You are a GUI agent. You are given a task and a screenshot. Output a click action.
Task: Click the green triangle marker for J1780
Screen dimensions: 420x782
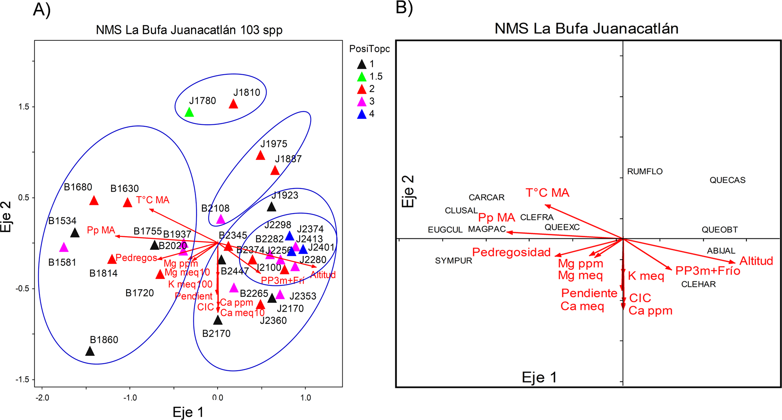[x=189, y=113]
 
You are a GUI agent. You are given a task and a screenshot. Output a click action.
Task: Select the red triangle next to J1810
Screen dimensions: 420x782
[x=233, y=104]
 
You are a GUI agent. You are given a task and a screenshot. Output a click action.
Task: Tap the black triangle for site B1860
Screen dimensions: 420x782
[x=90, y=351]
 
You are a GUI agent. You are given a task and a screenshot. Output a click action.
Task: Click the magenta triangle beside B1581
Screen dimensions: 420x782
[x=64, y=248]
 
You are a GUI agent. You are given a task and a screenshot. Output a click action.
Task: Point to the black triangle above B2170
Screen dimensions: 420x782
[x=218, y=320]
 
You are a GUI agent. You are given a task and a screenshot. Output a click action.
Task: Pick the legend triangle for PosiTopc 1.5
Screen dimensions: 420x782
[x=362, y=77]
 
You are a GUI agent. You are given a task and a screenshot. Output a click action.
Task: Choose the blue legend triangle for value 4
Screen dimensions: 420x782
[x=362, y=114]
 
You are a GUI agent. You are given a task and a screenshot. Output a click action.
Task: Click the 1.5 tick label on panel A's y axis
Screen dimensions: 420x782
[x=24, y=107]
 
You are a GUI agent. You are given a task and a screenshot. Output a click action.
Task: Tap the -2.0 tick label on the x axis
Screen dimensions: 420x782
[x=42, y=398]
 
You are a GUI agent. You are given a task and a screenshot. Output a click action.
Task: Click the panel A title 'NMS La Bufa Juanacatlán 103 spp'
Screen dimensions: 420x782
[x=189, y=30]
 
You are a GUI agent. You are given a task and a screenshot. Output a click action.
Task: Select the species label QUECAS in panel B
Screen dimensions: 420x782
[x=727, y=180]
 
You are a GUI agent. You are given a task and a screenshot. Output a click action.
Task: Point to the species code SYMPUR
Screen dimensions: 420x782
[x=453, y=261]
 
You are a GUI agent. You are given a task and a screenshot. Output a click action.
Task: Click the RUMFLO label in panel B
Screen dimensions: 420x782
[x=645, y=172]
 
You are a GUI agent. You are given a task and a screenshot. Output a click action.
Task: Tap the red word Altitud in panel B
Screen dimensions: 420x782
[x=756, y=261]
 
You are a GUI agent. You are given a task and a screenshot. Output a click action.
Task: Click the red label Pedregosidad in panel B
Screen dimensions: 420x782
[x=511, y=252]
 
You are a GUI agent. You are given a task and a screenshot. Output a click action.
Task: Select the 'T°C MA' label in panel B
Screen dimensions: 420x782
[x=547, y=193]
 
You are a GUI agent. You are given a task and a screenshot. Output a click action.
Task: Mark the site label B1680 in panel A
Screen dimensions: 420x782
[x=78, y=187]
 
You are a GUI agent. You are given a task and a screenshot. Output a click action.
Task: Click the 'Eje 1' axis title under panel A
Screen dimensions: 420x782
[x=188, y=412]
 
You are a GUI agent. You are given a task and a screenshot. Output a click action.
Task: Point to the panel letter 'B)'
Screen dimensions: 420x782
[x=404, y=8]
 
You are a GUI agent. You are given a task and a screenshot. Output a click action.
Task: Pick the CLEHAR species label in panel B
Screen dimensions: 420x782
[x=698, y=284]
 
